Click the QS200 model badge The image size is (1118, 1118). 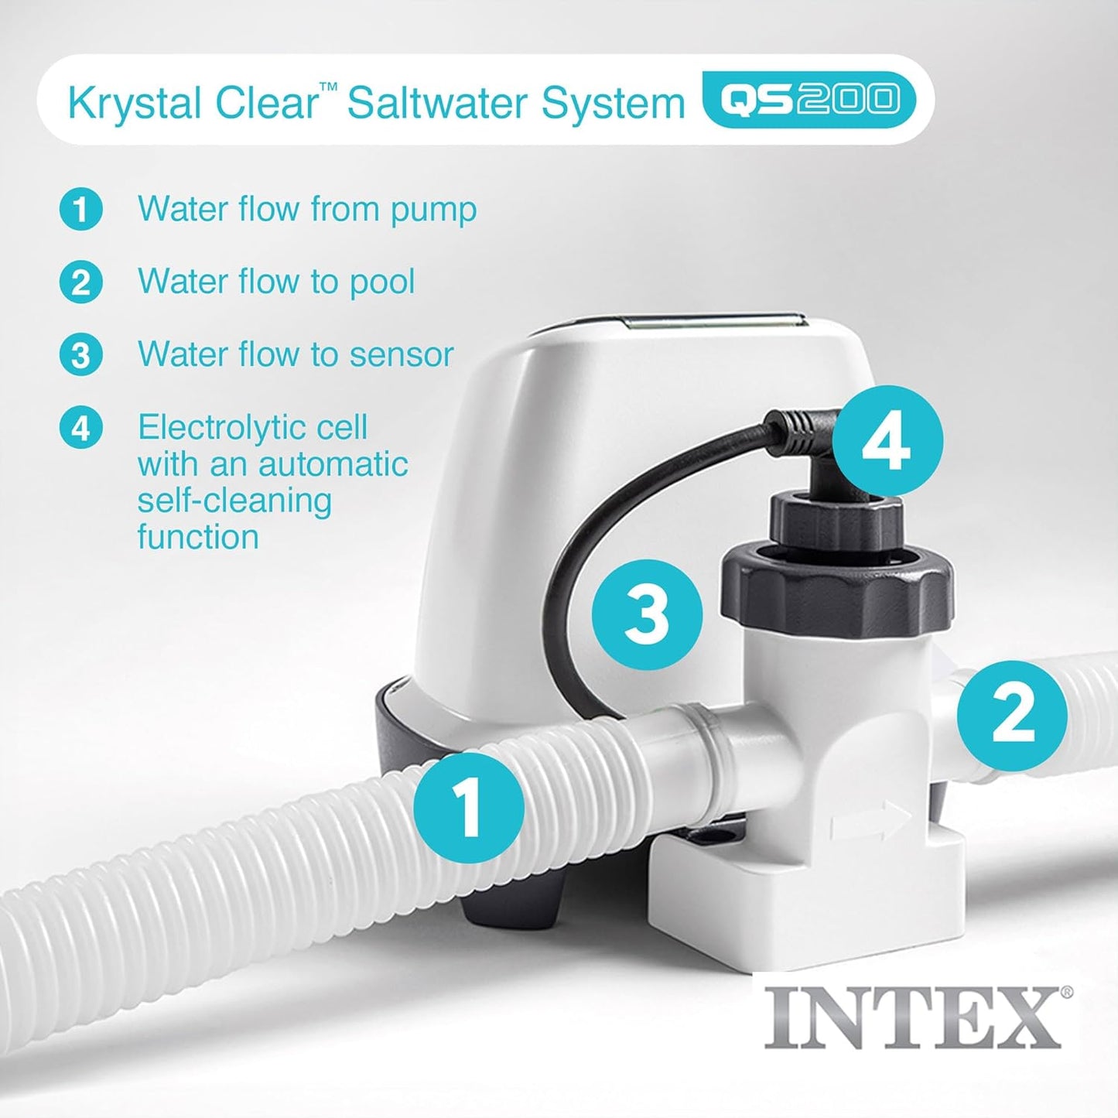pyautogui.click(x=809, y=100)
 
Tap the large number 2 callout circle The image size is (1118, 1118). pyautogui.click(x=1012, y=716)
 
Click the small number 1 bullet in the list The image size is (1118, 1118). pyautogui.click(x=81, y=210)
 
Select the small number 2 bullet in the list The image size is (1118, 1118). pyautogui.click(x=81, y=282)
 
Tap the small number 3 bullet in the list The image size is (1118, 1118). pyautogui.click(x=81, y=354)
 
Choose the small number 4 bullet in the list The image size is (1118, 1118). pyautogui.click(x=81, y=428)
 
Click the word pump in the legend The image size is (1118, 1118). pyautogui.click(x=433, y=212)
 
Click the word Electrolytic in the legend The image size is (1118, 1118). pyautogui.click(x=252, y=428)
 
